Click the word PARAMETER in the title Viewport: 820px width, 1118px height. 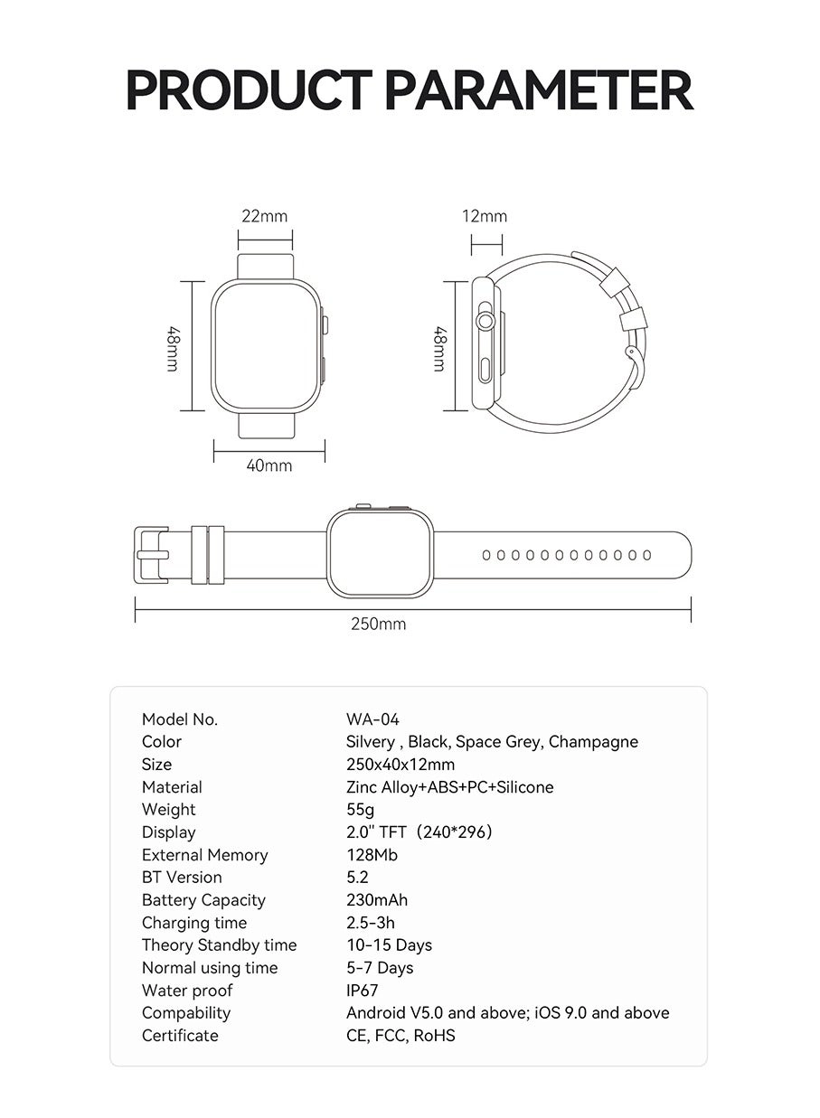coord(539,89)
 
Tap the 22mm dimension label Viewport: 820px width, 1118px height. coord(264,216)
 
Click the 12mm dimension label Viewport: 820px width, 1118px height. coord(485,216)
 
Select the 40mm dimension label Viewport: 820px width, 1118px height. coord(269,465)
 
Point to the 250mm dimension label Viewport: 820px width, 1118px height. coord(378,624)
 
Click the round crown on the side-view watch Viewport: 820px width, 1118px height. coord(486,319)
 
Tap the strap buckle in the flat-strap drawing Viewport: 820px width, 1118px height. coord(152,555)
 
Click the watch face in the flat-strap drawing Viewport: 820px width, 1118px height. coord(380,552)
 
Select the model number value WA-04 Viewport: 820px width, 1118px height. coord(372,719)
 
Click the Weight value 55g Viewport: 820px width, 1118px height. coord(360,810)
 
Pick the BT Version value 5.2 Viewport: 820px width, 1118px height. coord(357,878)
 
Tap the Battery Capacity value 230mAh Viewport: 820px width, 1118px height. coord(376,900)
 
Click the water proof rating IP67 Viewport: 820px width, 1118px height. coord(362,991)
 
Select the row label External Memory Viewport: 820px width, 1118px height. coord(204,855)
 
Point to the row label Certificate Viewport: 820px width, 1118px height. coord(180,1036)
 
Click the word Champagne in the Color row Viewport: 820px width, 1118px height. coord(593,742)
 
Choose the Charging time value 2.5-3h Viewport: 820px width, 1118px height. coord(370,923)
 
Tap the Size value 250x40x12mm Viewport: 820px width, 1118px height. coord(401,765)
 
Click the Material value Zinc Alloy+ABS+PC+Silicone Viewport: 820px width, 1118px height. coord(449,787)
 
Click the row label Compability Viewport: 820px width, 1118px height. coord(185,1013)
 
